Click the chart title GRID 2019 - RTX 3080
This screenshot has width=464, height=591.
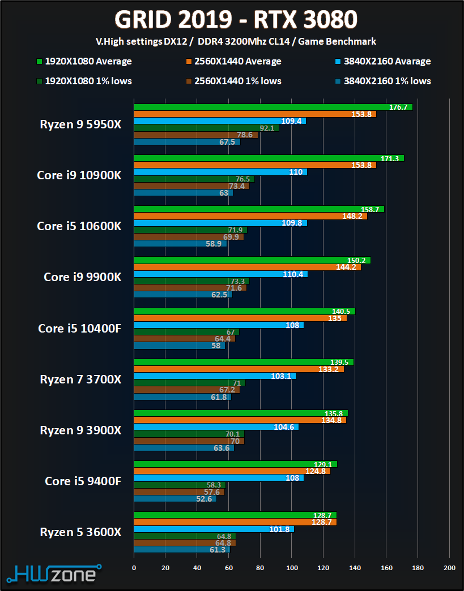pyautogui.click(x=236, y=20)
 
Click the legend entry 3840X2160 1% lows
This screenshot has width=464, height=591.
pyautogui.click(x=387, y=81)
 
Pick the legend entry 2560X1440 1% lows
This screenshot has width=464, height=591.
pyautogui.click(x=237, y=81)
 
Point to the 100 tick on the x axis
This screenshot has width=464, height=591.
pyautogui.click(x=292, y=568)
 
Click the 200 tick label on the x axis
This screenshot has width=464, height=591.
pyautogui.click(x=449, y=568)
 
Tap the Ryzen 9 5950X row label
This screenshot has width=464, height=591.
pyautogui.click(x=80, y=124)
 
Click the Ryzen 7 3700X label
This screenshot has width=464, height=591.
pyautogui.click(x=80, y=379)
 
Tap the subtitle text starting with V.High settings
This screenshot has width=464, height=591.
pyautogui.click(x=236, y=41)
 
